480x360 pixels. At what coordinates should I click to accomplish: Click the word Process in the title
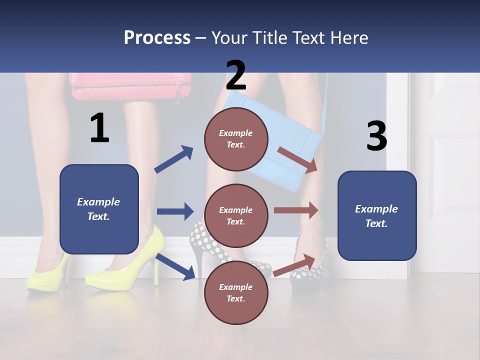[157, 37]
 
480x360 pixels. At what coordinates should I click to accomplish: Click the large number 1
[99, 128]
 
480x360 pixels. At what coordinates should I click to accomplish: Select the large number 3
[376, 136]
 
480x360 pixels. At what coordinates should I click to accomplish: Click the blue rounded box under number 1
[99, 209]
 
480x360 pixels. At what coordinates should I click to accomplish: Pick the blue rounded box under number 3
[377, 215]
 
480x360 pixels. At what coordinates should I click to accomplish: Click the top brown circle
[236, 138]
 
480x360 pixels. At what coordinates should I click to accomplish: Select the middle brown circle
[236, 215]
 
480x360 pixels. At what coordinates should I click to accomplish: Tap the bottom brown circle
[236, 292]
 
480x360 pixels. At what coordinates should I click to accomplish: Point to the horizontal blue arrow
[175, 211]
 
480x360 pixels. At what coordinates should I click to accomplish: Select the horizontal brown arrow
[296, 210]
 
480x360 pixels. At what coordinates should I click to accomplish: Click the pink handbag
[131, 86]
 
